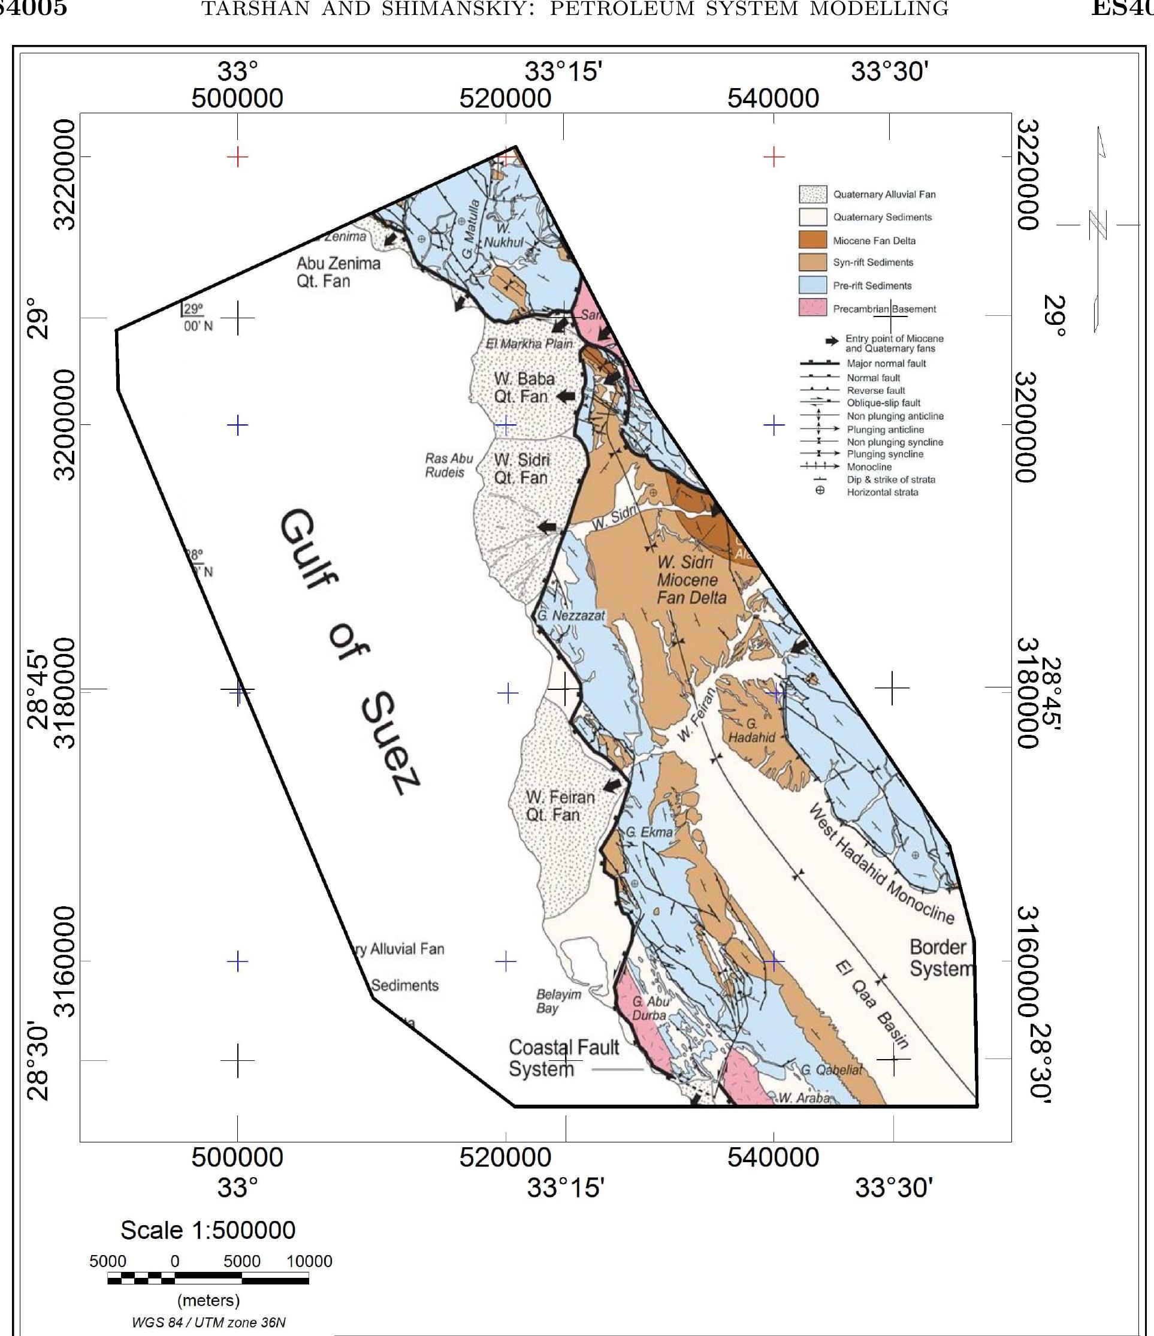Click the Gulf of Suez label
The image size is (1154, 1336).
point(348,652)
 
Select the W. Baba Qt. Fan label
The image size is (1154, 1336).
point(523,388)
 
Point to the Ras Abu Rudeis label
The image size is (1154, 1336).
point(448,465)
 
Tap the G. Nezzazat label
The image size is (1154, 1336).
point(571,616)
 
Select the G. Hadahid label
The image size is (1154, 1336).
point(752,731)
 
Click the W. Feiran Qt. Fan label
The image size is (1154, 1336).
point(560,806)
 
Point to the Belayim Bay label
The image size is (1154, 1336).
point(558,1001)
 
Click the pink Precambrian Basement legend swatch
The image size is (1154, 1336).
point(812,308)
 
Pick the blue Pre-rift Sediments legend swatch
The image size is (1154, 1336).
point(812,285)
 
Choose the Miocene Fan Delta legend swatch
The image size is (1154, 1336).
point(812,240)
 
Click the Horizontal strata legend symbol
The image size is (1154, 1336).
point(820,491)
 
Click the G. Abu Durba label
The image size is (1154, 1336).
point(650,1008)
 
